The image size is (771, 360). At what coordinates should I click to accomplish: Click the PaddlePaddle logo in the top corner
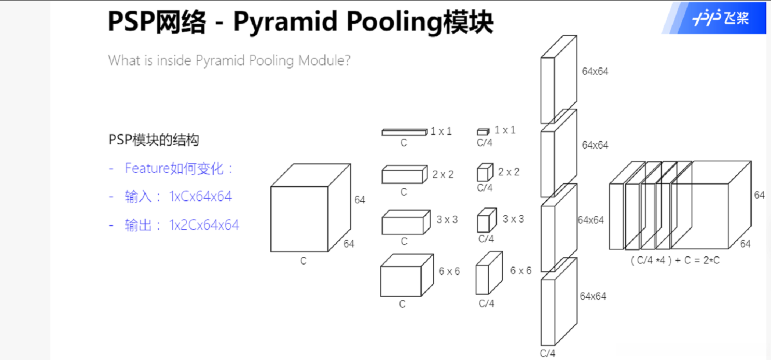[721, 19]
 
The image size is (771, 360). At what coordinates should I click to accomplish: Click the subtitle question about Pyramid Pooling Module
[229, 60]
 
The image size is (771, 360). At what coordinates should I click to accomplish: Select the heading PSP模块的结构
[154, 140]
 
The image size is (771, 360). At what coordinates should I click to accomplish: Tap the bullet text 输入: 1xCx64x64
[178, 197]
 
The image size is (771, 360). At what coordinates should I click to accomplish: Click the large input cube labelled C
[299, 219]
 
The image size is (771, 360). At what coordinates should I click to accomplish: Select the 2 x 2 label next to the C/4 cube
[508, 172]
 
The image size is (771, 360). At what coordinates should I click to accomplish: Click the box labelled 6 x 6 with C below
[401, 281]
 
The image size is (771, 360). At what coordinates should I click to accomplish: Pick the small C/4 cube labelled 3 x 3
[483, 222]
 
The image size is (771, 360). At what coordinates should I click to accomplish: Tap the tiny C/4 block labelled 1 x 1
[483, 132]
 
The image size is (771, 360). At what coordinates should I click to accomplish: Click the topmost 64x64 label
[595, 72]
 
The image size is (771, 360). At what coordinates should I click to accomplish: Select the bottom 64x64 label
[593, 296]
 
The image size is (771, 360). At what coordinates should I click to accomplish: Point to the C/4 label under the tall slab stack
[547, 354]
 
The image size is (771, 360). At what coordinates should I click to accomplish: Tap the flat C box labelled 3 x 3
[403, 224]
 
